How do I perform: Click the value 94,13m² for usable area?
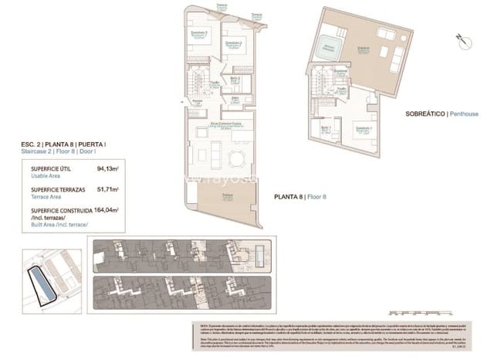click(107, 168)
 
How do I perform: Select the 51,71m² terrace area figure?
click(107, 188)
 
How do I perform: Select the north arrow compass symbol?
click(461, 38)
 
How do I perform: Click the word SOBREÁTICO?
click(425, 114)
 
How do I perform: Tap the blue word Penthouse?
click(464, 114)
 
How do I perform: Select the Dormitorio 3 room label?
click(199, 34)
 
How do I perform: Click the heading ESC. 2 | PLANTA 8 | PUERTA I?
click(63, 145)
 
